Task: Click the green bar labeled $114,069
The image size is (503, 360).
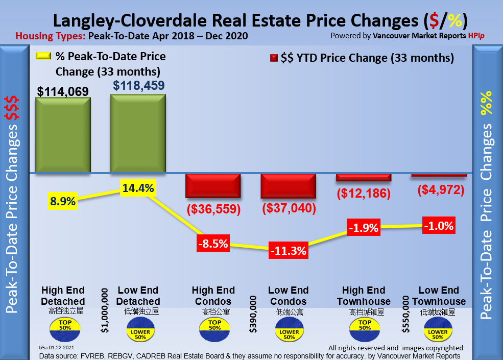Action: point(63,135)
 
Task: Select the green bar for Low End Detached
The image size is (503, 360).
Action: point(138,134)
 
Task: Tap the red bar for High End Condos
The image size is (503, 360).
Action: point(212,185)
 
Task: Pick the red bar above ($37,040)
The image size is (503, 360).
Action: point(289,186)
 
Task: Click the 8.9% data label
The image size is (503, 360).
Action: point(63,201)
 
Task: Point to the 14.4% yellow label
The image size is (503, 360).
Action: point(138,188)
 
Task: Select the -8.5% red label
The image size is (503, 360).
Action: point(213,244)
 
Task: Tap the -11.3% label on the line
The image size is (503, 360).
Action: point(289,250)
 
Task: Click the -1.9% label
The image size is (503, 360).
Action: point(363,227)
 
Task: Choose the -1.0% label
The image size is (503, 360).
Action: point(439,226)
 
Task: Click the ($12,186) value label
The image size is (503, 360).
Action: point(364,194)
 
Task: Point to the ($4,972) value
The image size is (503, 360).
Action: point(440,190)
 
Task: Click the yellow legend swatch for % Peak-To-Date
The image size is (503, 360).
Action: point(44,57)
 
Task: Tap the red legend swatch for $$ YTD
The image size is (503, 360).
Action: point(274,58)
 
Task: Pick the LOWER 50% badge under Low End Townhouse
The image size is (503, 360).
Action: point(439,330)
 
